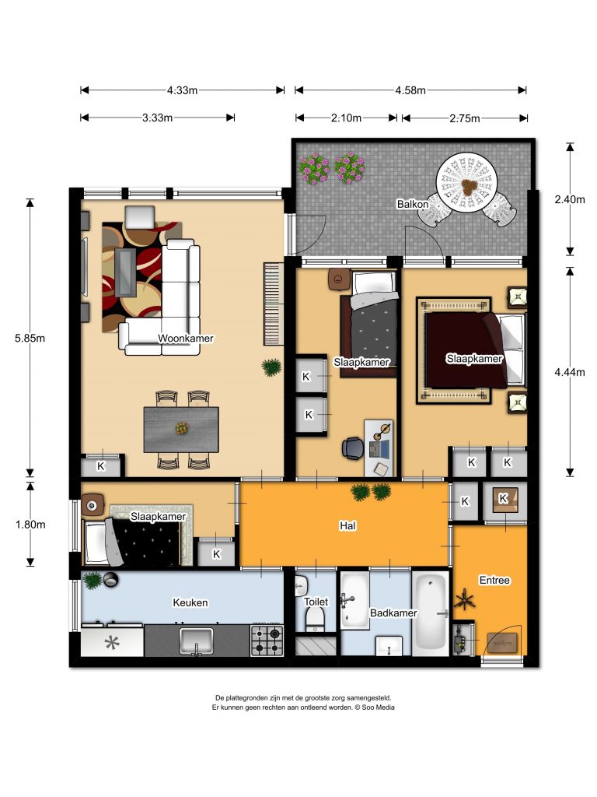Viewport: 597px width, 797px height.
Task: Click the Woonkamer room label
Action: pos(185,339)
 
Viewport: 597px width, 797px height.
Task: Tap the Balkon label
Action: pos(412,205)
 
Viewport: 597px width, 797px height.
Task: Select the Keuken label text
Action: pos(190,603)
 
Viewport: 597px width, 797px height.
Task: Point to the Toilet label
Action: pos(316,602)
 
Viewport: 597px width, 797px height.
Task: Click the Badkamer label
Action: pos(393,613)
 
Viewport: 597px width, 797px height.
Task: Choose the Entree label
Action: pos(494,581)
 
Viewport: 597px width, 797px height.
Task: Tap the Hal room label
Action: pos(347,525)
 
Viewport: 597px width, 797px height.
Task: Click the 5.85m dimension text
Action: pos(30,338)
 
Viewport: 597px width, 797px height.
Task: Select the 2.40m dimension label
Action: pos(570,199)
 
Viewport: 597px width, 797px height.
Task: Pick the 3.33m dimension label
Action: pos(157,118)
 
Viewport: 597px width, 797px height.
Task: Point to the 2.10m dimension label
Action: pos(346,118)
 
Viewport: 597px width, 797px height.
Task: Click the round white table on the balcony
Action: pos(466,184)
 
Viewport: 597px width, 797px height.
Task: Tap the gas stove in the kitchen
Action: pos(267,641)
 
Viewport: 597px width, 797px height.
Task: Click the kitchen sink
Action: pos(197,642)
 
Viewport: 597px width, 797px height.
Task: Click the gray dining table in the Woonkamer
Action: pos(181,430)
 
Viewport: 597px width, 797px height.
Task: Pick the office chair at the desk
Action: pos(353,448)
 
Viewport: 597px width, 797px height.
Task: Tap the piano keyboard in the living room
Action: pos(273,304)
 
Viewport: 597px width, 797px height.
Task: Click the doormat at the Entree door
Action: pos(502,643)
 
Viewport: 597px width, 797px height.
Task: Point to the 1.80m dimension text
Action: pos(30,525)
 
